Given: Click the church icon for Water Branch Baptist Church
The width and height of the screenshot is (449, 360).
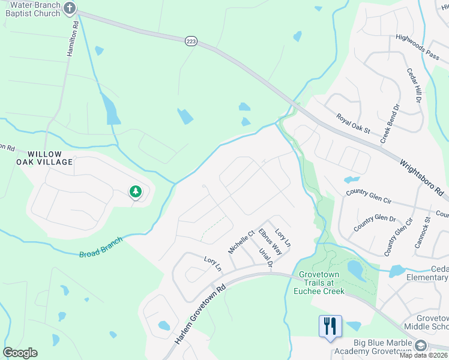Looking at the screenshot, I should pyautogui.click(x=70, y=8).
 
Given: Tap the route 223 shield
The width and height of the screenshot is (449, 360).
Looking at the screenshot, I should pyautogui.click(x=191, y=41).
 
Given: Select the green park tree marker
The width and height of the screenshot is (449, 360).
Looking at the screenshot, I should pyautogui.click(x=136, y=192).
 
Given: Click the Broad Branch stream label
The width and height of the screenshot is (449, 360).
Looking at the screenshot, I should pyautogui.click(x=101, y=247).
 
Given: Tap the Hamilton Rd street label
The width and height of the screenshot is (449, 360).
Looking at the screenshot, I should pyautogui.click(x=71, y=40).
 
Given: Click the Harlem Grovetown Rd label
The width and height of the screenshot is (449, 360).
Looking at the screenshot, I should pyautogui.click(x=200, y=313).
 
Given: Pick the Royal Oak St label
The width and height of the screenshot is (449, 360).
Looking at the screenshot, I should pyautogui.click(x=354, y=124).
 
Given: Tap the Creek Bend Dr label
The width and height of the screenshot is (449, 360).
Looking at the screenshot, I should pyautogui.click(x=390, y=124).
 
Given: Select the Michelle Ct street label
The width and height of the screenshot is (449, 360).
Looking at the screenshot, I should pyautogui.click(x=241, y=241).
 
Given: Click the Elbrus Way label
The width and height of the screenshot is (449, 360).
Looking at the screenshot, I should pyautogui.click(x=270, y=241).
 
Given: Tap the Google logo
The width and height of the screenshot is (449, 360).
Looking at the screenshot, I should pyautogui.click(x=20, y=352).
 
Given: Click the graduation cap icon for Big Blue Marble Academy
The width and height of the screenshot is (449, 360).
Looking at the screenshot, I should pyautogui.click(x=421, y=345).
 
